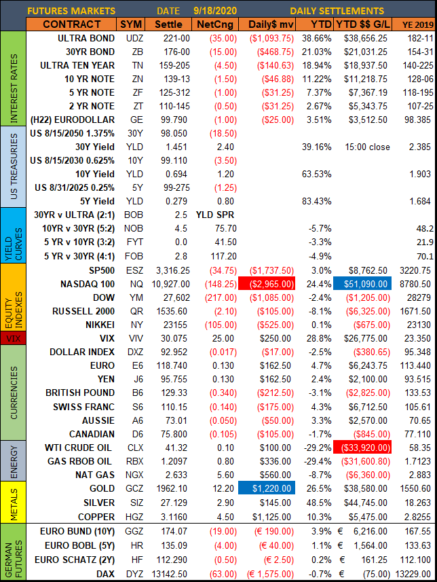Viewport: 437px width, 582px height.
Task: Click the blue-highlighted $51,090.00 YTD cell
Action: (362, 281)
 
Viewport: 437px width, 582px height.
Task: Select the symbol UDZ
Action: (135, 40)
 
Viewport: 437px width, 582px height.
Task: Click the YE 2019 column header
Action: (415, 24)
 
